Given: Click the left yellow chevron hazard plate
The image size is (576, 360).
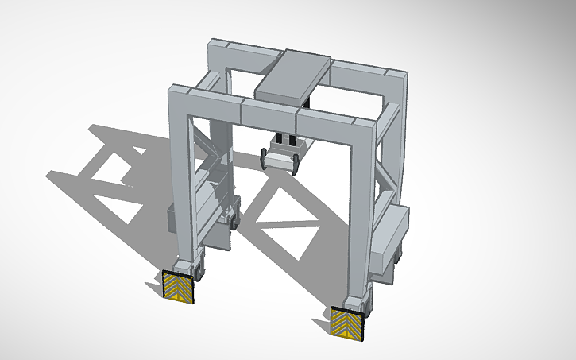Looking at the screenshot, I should (179, 286).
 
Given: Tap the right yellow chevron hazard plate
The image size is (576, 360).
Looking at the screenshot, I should (347, 321).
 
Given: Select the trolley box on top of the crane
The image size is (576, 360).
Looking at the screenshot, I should (295, 75).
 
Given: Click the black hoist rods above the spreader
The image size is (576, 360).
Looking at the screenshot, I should (285, 141).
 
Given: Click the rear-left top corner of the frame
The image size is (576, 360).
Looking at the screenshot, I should (220, 56).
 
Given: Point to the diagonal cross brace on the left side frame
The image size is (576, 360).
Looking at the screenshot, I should (208, 151).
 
